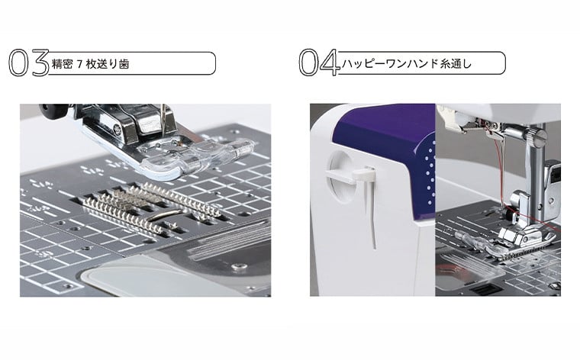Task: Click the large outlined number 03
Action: click(x=29, y=63)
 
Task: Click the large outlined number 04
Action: click(x=320, y=63)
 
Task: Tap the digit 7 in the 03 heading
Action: click(x=79, y=64)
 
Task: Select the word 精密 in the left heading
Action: click(x=62, y=64)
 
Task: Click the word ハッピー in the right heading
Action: click(x=362, y=63)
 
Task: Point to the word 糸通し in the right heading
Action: click(x=456, y=63)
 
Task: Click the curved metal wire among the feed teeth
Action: click(x=166, y=216)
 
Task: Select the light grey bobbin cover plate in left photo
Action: click(x=148, y=275)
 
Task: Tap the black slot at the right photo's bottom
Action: click(x=485, y=289)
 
